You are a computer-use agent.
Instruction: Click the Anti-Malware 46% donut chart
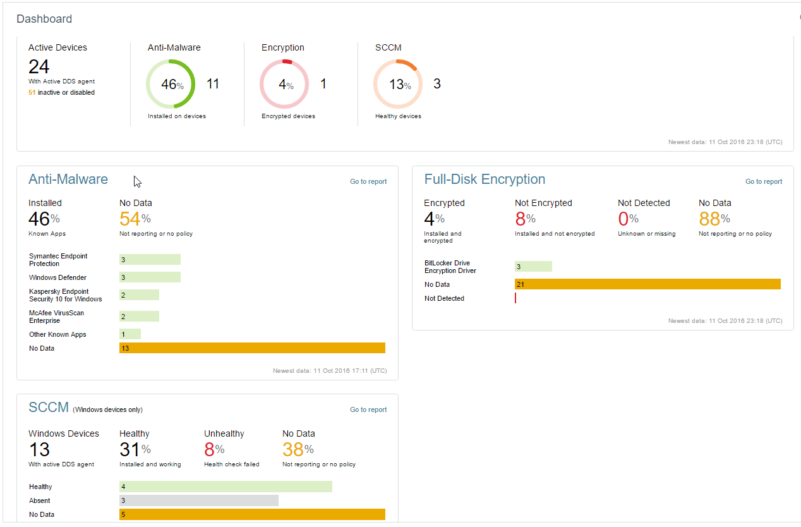point(171,84)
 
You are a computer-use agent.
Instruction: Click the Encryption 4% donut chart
point(284,84)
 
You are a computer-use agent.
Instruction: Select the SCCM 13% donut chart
point(398,84)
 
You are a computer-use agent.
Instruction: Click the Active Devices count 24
point(39,66)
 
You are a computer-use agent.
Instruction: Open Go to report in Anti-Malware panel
point(368,181)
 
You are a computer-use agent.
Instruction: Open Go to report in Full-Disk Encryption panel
point(764,181)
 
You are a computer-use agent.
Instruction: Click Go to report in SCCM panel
point(368,409)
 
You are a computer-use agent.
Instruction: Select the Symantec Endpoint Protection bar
point(150,260)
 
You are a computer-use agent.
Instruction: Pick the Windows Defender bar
point(150,277)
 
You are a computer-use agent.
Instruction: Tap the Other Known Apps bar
point(130,334)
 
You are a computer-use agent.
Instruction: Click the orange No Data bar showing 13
point(252,348)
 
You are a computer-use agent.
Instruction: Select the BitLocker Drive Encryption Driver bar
point(533,267)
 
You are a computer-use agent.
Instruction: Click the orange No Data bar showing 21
point(647,284)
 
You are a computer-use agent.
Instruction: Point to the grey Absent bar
point(199,500)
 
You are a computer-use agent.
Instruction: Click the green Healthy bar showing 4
point(226,487)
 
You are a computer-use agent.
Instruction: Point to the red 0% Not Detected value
point(628,219)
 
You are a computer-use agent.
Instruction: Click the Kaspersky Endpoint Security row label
point(65,295)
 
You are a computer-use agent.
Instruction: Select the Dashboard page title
point(44,19)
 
